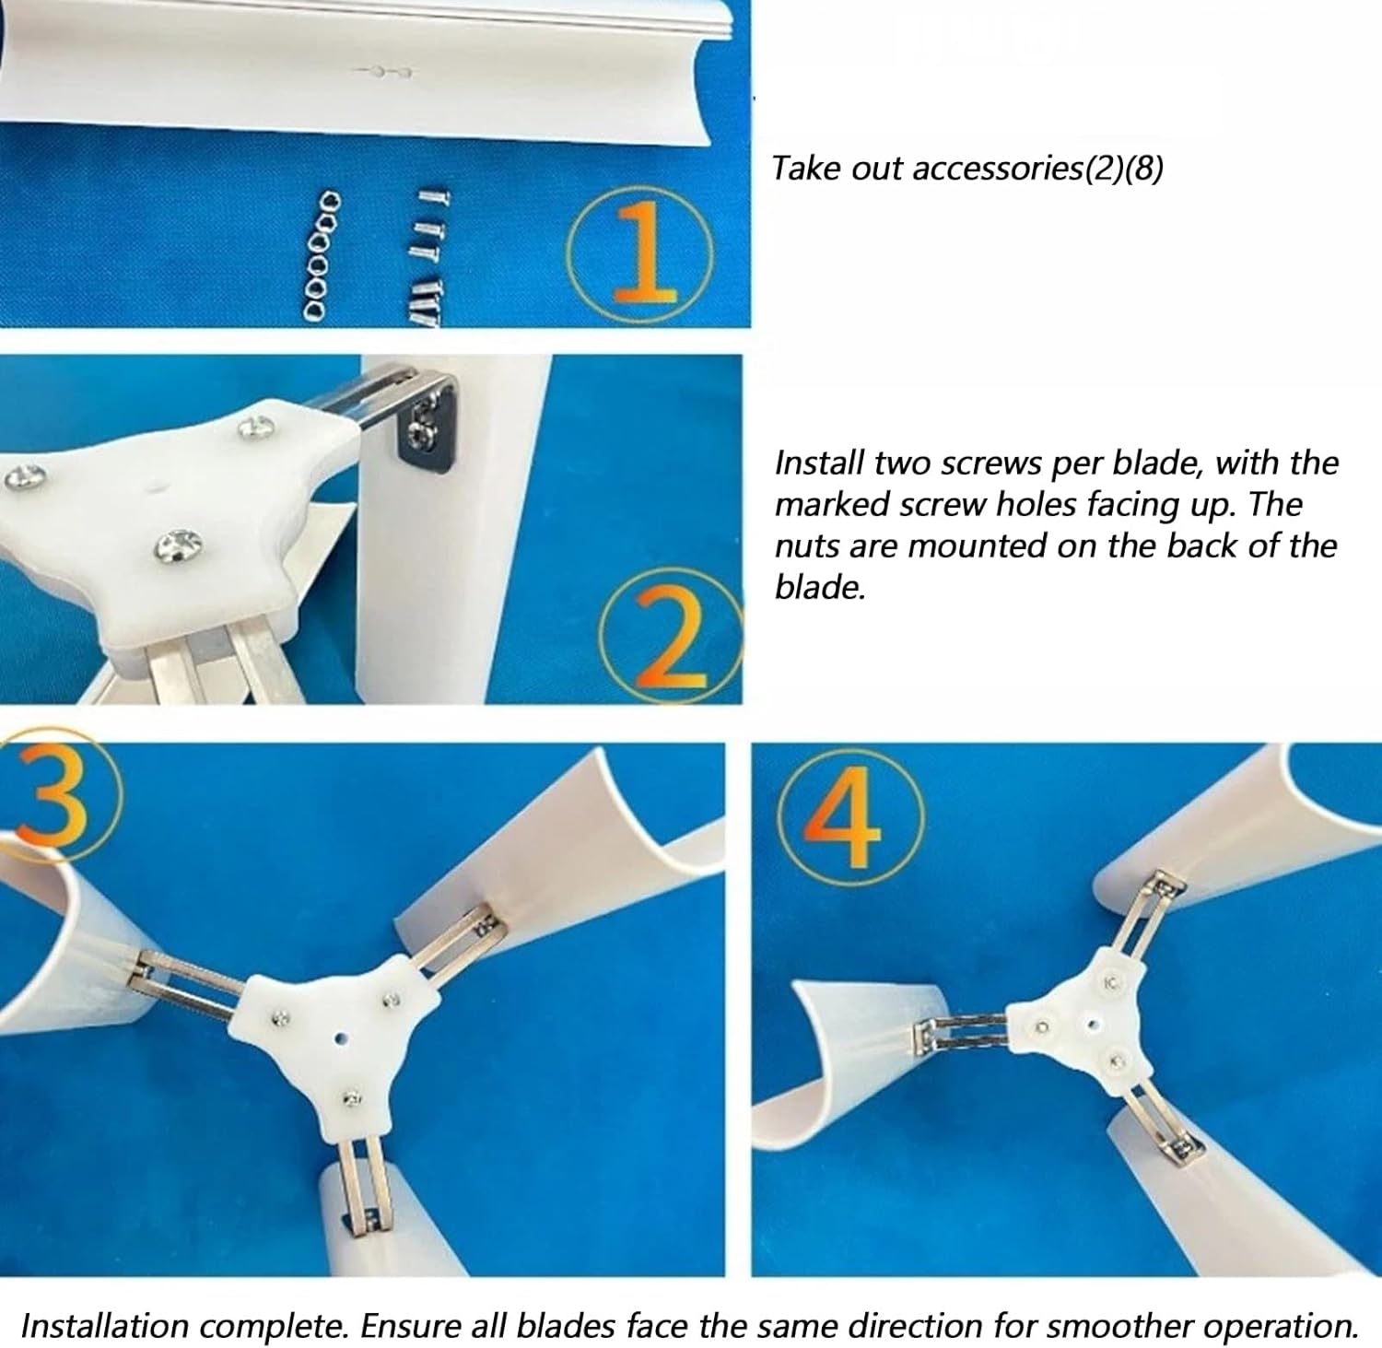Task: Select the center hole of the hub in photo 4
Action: [x=1092, y=1022]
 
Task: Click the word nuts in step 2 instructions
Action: [x=805, y=545]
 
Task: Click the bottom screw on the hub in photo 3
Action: [x=351, y=1097]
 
